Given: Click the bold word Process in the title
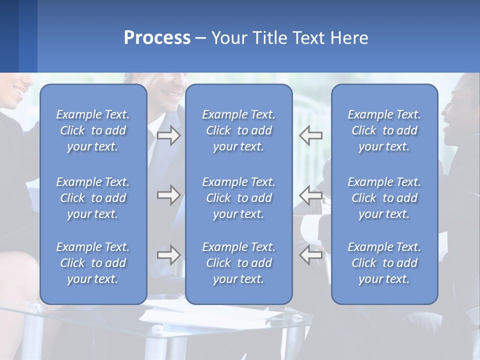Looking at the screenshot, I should pos(157,38).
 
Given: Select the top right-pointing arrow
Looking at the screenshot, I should pos(168,135).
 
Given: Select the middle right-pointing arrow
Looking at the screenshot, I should pos(168,195).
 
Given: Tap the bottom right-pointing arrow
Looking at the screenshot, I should pos(168,255).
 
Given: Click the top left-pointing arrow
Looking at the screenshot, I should pos(311,135).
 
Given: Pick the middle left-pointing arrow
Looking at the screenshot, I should pos(311,195).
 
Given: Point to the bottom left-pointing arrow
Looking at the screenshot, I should pos(311,255).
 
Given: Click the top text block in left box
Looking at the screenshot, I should pos(93,130).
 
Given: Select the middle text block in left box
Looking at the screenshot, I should pos(93,198).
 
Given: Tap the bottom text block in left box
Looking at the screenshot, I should pos(93,263).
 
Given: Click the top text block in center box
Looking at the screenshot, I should pos(238,130).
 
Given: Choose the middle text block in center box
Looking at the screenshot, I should pos(238,198).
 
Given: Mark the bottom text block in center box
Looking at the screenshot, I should pos(238,263).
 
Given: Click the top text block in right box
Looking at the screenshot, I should pos(384,130).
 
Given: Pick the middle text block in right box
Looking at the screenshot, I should pos(384,198).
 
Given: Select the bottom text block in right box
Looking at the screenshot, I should pos(384,263).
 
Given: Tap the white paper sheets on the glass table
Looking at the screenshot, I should pos(210,315).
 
